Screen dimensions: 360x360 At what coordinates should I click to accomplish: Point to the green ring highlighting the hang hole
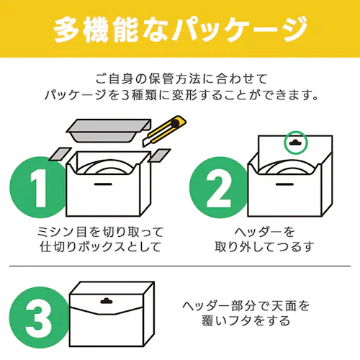295,143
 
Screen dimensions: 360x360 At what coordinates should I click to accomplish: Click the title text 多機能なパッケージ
180,29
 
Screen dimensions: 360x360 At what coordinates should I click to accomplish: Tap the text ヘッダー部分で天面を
246,305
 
